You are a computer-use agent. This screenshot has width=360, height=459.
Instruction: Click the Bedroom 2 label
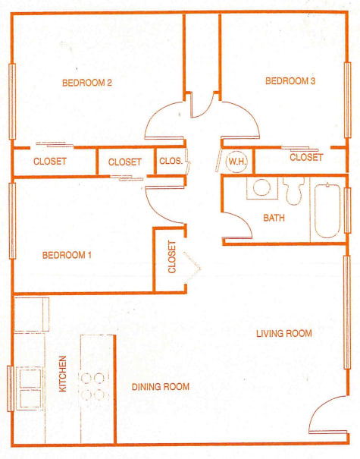(x=87, y=83)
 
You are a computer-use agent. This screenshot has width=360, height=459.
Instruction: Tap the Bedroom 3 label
(x=290, y=80)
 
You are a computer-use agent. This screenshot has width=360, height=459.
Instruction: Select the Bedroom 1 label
(x=67, y=255)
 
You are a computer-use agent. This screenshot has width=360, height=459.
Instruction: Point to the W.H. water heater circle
(x=237, y=162)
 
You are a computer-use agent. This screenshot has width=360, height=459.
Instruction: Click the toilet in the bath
(x=293, y=190)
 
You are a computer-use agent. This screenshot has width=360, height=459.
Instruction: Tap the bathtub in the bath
(x=327, y=210)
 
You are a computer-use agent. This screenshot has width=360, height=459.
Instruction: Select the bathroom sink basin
(x=261, y=187)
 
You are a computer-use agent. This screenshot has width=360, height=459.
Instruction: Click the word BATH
(x=274, y=218)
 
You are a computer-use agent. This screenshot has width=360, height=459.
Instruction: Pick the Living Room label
(x=284, y=333)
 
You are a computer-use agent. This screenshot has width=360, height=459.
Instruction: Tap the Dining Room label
(x=161, y=387)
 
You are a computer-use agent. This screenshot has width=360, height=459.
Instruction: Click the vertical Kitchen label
(x=63, y=374)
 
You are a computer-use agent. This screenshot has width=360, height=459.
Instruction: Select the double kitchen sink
(x=30, y=388)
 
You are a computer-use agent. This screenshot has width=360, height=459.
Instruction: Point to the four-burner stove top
(x=93, y=387)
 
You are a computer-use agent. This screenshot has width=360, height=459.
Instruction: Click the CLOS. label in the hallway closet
(x=171, y=161)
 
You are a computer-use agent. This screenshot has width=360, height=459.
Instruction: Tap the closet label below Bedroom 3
(x=306, y=158)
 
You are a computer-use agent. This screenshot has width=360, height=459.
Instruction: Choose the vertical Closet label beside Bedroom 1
(x=172, y=257)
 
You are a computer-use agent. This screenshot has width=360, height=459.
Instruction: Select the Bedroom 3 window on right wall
(x=347, y=100)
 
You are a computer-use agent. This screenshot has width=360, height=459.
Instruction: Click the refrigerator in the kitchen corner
(x=31, y=314)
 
